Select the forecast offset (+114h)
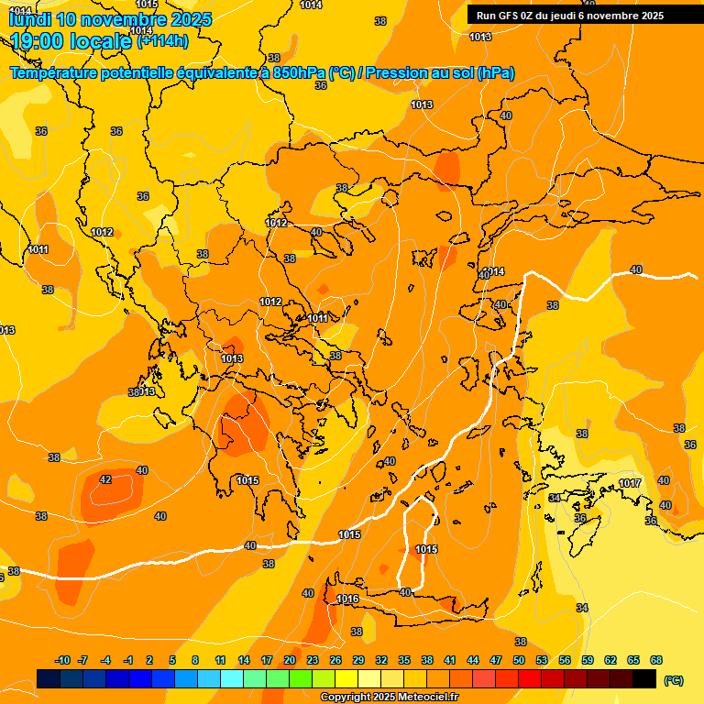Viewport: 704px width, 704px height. pyautogui.click(x=162, y=40)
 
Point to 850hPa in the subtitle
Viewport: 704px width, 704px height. pyautogui.click(x=299, y=72)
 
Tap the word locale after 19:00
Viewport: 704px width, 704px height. pyautogui.click(x=105, y=40)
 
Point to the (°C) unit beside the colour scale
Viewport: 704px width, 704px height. pyautogui.click(x=673, y=680)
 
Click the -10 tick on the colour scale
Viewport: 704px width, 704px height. pyautogui.click(x=62, y=660)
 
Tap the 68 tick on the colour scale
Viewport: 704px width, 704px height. pyautogui.click(x=656, y=660)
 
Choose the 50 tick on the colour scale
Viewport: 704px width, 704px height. pyautogui.click(x=519, y=660)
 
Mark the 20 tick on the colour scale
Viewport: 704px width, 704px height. pyautogui.click(x=290, y=660)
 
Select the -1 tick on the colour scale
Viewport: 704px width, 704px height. pyautogui.click(x=128, y=660)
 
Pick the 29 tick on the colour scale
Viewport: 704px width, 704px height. pyautogui.click(x=358, y=660)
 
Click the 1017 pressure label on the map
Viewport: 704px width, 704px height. pyautogui.click(x=630, y=483)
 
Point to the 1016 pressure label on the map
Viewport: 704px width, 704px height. pyautogui.click(x=348, y=599)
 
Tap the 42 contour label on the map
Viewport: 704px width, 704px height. pyautogui.click(x=105, y=479)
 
